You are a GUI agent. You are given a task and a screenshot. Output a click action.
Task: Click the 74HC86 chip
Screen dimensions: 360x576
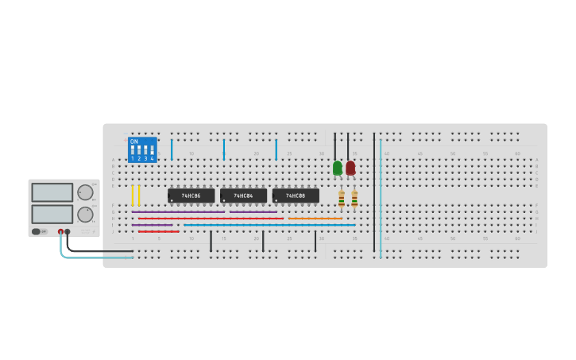click(191, 195)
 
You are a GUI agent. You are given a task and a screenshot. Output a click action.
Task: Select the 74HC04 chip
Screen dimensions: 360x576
click(243, 195)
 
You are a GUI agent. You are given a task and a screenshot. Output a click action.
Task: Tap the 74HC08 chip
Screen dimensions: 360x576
click(296, 195)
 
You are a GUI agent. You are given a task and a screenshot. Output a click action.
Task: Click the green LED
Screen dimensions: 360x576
click(338, 168)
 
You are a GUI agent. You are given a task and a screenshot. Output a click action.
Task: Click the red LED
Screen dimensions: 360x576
click(350, 168)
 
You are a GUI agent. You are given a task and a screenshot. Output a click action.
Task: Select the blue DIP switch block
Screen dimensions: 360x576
click(142, 149)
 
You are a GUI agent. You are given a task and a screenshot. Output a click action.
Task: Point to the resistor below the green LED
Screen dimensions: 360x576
click(342, 199)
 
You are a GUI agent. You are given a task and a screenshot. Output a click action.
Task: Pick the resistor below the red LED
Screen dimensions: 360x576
click(354, 199)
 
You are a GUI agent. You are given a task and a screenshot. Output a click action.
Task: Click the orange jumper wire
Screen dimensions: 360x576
click(315, 219)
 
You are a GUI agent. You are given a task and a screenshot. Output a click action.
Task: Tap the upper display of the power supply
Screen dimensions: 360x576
click(52, 192)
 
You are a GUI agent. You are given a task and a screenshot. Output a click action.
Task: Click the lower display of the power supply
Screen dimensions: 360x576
click(52, 214)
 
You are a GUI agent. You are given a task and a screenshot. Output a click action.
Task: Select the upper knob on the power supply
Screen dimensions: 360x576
click(85, 192)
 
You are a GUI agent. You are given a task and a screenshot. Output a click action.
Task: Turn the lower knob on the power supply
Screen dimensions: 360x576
click(85, 214)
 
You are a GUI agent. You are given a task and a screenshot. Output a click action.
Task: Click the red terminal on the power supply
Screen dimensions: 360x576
click(60, 231)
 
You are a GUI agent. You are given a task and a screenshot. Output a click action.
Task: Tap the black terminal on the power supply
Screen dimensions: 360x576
click(68, 231)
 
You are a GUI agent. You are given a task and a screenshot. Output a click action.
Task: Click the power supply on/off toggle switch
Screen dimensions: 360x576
click(37, 231)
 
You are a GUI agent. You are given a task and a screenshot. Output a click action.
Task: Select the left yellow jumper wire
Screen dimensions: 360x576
click(133, 195)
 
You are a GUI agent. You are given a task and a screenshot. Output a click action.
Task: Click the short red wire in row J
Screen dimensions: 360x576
click(159, 231)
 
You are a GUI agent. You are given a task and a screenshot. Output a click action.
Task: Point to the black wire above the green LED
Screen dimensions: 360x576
click(334, 146)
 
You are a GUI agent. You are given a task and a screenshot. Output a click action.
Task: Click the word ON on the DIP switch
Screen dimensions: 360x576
click(134, 141)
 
